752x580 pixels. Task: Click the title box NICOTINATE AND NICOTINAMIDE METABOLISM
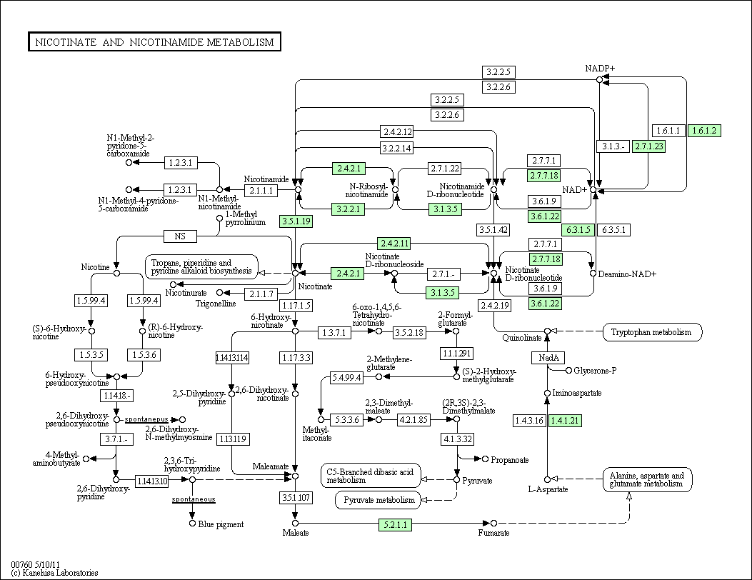(x=154, y=42)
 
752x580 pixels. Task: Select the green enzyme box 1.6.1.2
(x=703, y=131)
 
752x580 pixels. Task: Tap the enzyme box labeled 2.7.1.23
(x=649, y=146)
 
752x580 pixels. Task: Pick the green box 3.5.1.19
(x=296, y=221)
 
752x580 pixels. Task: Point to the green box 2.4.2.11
(x=394, y=243)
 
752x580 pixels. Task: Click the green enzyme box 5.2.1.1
(x=394, y=524)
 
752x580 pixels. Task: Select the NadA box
(x=548, y=357)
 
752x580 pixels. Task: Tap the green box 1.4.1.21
(x=566, y=421)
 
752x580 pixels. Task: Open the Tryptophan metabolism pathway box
(x=653, y=332)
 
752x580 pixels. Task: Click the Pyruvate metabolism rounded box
(x=378, y=500)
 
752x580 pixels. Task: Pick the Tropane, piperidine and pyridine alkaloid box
(x=201, y=266)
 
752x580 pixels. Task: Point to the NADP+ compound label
(x=600, y=69)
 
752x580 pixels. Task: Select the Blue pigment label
(x=221, y=524)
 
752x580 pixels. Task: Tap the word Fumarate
(x=493, y=533)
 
